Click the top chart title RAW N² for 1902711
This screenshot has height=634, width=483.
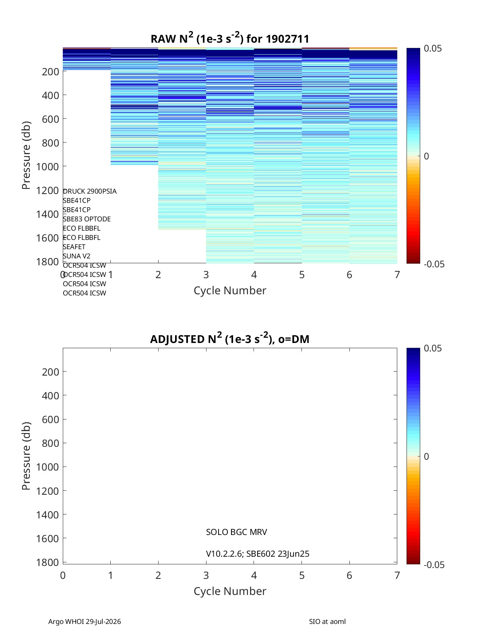230,38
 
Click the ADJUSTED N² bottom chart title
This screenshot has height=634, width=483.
230,338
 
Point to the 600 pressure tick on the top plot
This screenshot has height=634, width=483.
50,119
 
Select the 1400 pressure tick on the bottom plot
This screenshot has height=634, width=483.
47,515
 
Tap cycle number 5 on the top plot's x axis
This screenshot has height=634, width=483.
302,275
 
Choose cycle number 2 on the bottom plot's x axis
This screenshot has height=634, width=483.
158,575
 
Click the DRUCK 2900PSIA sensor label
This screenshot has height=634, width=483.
90,191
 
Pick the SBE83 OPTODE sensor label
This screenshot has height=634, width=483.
87,219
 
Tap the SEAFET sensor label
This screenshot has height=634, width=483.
74,247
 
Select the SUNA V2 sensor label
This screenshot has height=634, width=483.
76,256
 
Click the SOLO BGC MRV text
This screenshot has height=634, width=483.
236,532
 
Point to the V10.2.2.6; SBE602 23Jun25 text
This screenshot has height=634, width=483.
258,554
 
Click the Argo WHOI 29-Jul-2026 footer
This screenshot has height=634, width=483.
85,622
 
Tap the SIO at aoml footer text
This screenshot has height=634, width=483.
327,622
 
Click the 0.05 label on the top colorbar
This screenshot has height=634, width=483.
433,48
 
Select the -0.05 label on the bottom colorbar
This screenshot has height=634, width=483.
434,565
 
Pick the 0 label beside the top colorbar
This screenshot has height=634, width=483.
426,156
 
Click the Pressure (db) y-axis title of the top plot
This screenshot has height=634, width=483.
26,155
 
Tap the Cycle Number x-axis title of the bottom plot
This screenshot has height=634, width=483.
230,591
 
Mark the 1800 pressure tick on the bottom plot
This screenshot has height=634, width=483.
47,562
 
